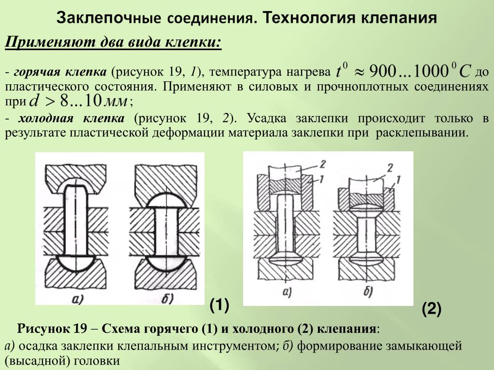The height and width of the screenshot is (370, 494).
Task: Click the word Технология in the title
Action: click(307, 19)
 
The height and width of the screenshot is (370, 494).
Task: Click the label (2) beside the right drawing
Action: click(431, 309)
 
